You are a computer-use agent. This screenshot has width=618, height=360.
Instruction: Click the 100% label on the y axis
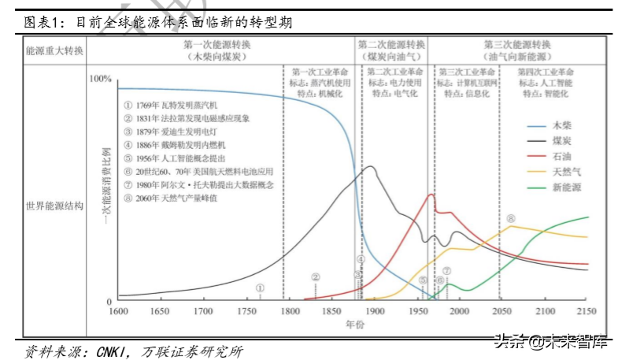[102, 79]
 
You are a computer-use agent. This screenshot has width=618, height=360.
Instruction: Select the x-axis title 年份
[354, 325]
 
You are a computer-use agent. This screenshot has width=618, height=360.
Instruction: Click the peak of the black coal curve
[368, 166]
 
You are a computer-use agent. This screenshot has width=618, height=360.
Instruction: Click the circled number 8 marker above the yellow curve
[511, 218]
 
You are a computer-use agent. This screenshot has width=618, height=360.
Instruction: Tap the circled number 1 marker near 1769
[261, 288]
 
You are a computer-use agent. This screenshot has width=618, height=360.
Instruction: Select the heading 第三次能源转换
[517, 45]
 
